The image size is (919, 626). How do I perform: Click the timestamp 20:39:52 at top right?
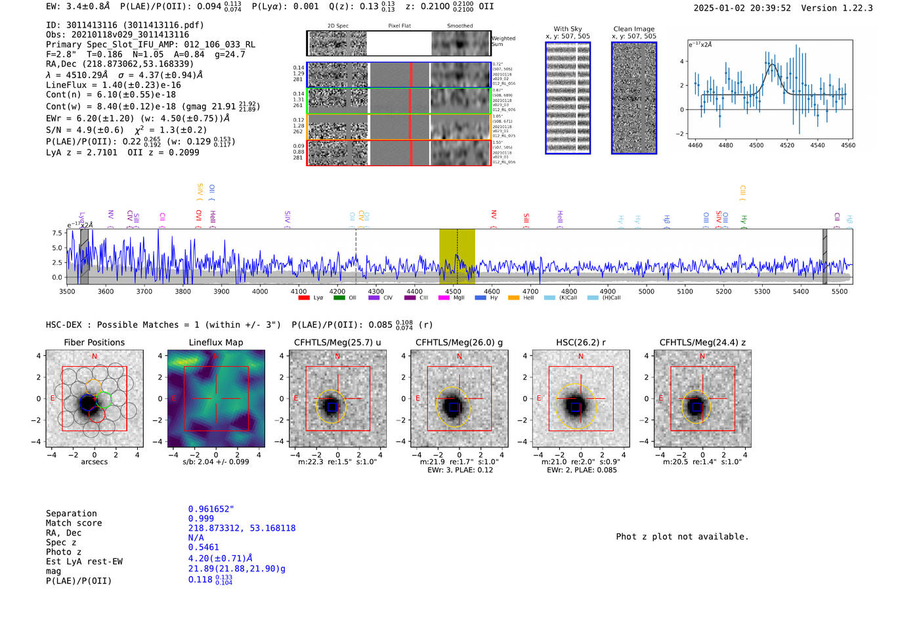click(769, 8)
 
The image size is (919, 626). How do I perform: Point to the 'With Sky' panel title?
click(568, 29)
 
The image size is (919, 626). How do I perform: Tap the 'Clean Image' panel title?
click(633, 29)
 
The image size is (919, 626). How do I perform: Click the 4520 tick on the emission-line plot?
click(786, 145)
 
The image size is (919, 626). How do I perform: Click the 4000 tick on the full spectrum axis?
click(260, 291)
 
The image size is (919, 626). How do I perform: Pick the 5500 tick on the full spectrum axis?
click(840, 291)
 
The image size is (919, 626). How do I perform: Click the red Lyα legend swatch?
click(304, 298)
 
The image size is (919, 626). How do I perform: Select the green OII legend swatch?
click(339, 298)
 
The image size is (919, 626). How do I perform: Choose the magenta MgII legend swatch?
click(444, 298)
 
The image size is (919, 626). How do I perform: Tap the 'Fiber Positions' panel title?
click(94, 342)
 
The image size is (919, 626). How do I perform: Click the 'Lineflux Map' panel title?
click(216, 342)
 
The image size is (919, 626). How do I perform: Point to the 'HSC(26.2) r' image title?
click(581, 342)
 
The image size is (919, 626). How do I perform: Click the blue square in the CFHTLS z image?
click(697, 407)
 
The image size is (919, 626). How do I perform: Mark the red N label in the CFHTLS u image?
click(338, 357)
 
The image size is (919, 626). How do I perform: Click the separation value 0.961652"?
click(211, 509)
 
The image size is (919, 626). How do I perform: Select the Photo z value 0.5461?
click(203, 547)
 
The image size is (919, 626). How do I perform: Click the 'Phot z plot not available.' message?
click(682, 537)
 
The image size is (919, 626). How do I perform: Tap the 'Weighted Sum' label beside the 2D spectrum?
click(503, 41)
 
